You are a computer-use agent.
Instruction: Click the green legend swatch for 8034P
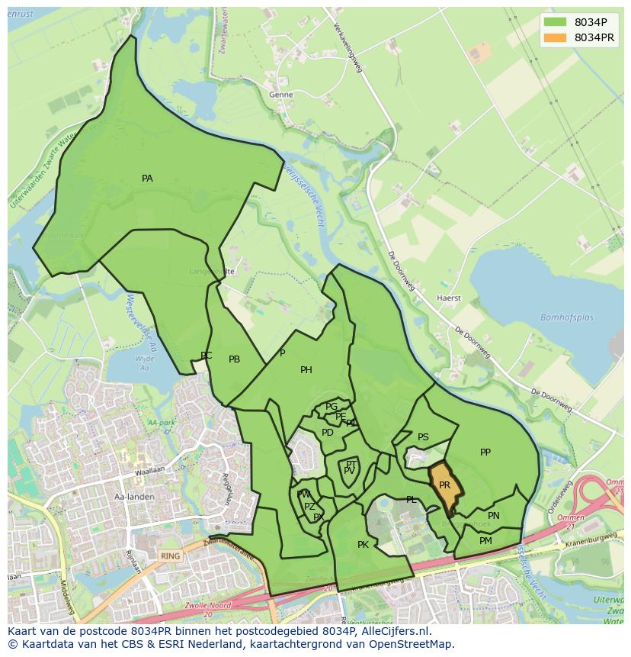pyautogui.click(x=556, y=22)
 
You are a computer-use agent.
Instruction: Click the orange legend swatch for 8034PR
pyautogui.click(x=556, y=37)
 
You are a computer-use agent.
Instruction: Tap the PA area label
pyautogui.click(x=147, y=179)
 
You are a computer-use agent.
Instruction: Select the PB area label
pyautogui.click(x=235, y=359)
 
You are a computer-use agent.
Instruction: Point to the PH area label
pyautogui.click(x=306, y=370)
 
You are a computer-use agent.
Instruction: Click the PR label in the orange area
pyautogui.click(x=445, y=485)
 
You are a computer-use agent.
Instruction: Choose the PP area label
pyautogui.click(x=485, y=452)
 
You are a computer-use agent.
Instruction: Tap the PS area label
pyautogui.click(x=423, y=437)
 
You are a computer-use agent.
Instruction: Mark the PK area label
pyautogui.click(x=363, y=545)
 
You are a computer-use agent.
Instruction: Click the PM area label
pyautogui.click(x=485, y=541)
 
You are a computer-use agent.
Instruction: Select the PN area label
pyautogui.click(x=494, y=516)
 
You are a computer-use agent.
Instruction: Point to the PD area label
pyautogui.click(x=328, y=433)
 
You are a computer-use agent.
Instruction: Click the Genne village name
pyautogui.click(x=280, y=95)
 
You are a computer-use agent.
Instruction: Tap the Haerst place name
pyautogui.click(x=449, y=298)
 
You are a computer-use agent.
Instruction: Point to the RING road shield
pyautogui.click(x=171, y=556)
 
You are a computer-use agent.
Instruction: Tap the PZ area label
pyautogui.click(x=309, y=507)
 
